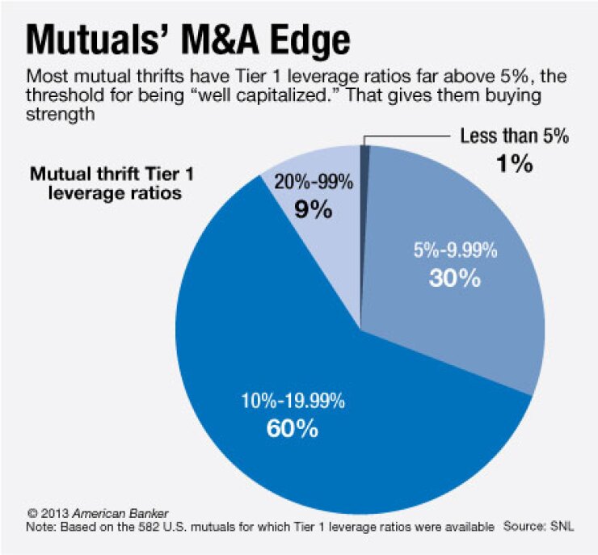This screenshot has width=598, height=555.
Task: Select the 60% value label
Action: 292,427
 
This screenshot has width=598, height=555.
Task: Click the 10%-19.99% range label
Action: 292,401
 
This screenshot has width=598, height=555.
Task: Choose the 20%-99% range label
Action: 314,183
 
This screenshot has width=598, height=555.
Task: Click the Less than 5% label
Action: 515,137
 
